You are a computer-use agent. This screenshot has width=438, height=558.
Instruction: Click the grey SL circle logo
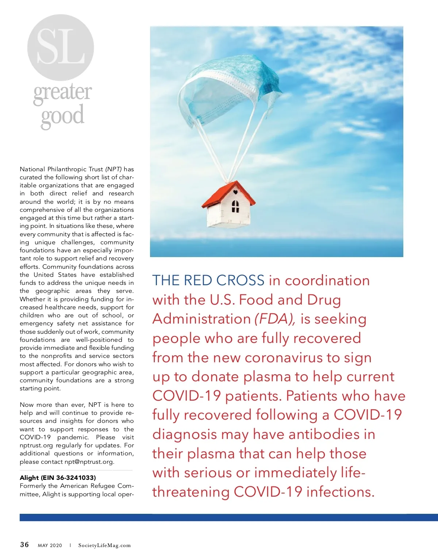[61, 47]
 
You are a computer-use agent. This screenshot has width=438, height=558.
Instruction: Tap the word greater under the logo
[62, 93]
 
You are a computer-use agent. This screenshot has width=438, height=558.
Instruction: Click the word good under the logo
[62, 116]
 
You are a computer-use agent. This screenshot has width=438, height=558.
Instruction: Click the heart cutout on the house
[235, 192]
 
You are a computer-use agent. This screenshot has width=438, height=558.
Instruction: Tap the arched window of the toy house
[235, 206]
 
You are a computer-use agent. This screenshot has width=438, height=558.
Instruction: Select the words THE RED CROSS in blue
[208, 280]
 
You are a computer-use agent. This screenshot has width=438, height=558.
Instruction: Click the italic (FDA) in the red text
[275, 319]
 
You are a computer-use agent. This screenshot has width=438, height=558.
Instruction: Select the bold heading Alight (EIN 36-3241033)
[58, 478]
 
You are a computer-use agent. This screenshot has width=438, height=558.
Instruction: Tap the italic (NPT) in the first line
[114, 169]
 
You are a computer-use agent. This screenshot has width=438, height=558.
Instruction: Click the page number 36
[24, 545]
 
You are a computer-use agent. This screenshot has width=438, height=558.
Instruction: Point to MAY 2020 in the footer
[50, 546]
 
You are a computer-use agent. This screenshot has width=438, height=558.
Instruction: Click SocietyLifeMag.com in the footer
[104, 546]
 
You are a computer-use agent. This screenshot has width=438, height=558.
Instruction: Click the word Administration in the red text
[201, 319]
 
